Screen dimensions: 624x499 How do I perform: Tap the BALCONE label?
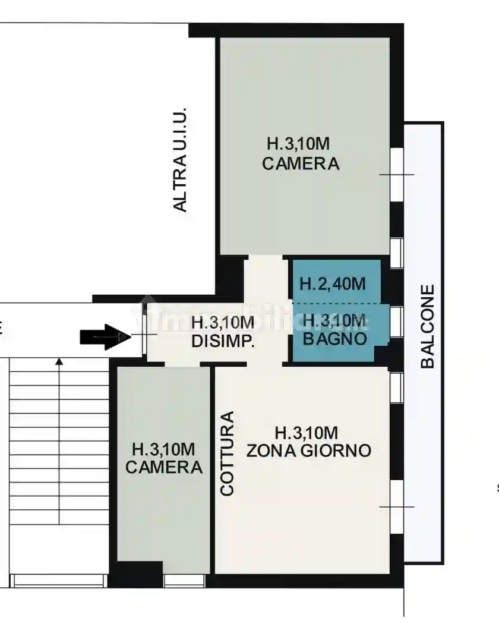pos(428,327)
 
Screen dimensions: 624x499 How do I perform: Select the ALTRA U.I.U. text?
pos(180,159)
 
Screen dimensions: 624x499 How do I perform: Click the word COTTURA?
pos(227,453)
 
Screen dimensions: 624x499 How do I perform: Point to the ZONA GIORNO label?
pos(308,450)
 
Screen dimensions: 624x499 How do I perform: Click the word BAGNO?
pos(334,339)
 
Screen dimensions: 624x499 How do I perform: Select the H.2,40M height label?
pos(332,283)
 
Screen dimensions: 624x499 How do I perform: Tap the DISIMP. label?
pos(223,341)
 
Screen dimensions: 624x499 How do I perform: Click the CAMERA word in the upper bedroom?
pos(301,163)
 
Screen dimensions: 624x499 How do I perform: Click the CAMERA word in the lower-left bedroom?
pos(163,467)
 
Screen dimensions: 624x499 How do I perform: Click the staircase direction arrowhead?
pos(59,360)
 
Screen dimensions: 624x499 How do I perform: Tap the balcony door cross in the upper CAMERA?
pos(396,174)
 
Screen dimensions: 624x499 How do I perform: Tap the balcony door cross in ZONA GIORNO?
pos(396,506)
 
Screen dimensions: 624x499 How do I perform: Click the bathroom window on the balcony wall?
pos(396,322)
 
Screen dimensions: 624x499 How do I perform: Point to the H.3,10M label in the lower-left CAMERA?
pos(163,449)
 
